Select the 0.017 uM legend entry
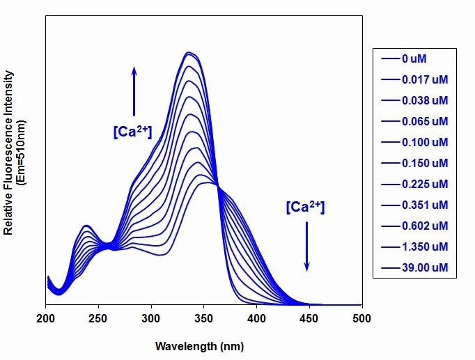click(414, 79)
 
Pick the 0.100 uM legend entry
click(414, 142)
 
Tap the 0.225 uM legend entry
click(414, 184)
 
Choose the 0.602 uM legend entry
click(414, 226)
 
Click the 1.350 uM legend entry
click(414, 246)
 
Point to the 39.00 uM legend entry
click(414, 267)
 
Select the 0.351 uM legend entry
click(414, 205)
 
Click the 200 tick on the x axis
click(45, 318)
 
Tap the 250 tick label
click(98, 318)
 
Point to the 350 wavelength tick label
click(203, 318)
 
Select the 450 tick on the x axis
click(309, 318)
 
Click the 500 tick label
click(361, 318)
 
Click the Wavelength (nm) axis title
click(200, 346)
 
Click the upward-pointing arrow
click(134, 91)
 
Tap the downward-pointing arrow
click(307, 246)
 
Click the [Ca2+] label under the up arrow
click(132, 132)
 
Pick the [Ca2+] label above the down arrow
click(305, 207)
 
